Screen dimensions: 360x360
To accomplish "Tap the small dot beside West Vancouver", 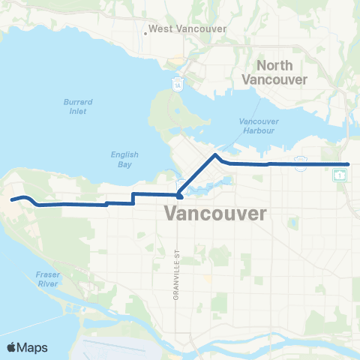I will (145, 32).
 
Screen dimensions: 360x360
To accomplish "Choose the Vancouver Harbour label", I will (259, 125).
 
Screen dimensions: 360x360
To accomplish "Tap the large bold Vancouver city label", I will (214, 214).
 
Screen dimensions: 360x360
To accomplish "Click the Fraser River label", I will (47, 280).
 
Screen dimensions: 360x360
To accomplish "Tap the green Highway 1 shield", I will (340, 175).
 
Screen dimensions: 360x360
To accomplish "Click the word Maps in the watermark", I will (33, 347).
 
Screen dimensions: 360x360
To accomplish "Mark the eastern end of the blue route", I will (349, 163).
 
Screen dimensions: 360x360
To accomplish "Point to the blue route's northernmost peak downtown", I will (216, 155).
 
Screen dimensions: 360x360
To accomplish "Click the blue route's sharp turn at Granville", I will (180, 196).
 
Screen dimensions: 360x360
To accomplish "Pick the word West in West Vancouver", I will (160, 29).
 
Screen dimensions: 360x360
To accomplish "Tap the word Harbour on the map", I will (259, 130).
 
